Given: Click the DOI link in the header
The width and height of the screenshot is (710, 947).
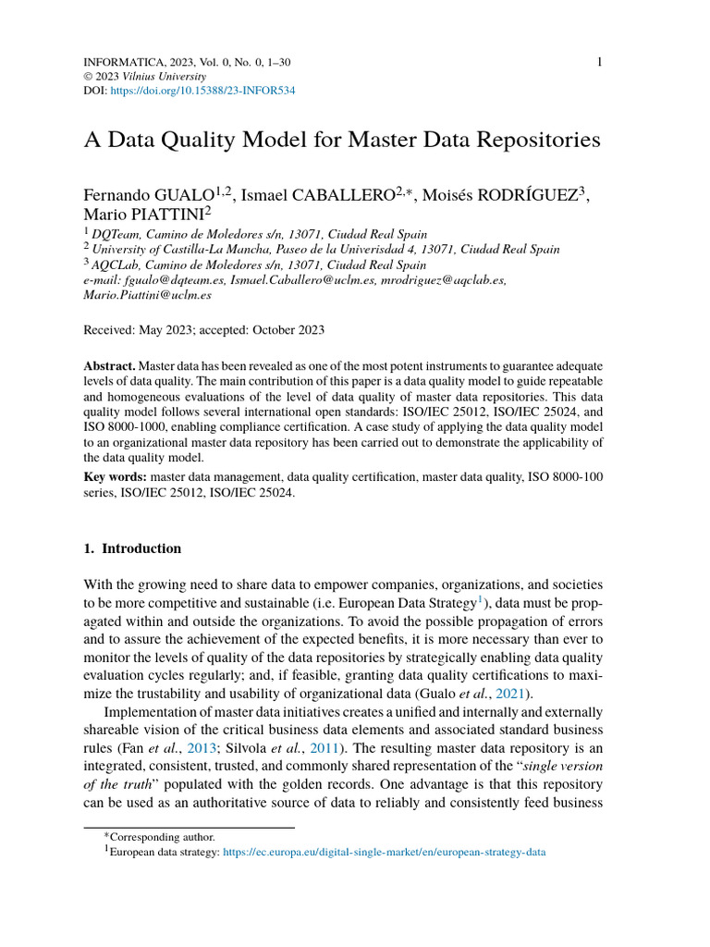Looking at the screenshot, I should tap(202, 92).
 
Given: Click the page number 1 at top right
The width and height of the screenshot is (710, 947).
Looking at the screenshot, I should tap(600, 62).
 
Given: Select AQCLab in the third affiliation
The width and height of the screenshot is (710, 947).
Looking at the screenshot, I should tap(120, 264).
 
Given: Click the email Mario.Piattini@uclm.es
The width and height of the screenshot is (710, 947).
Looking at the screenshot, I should tap(148, 295).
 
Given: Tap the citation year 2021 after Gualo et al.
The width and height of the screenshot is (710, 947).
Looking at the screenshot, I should tap(513, 694).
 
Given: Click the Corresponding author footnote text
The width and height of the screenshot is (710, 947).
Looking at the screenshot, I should tap(162, 837).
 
